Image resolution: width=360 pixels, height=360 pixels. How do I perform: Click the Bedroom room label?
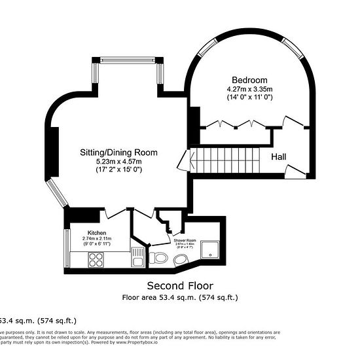[x=245, y=80]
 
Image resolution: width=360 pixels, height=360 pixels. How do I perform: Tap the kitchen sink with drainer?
[x=137, y=256]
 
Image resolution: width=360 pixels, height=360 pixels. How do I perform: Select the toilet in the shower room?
[x=158, y=259]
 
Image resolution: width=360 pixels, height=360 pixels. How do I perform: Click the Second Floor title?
[x=179, y=285]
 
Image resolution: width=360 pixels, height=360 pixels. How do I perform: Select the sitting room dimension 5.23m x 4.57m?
[x=119, y=160]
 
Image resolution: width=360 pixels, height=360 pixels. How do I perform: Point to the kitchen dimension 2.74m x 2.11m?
[x=98, y=239]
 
